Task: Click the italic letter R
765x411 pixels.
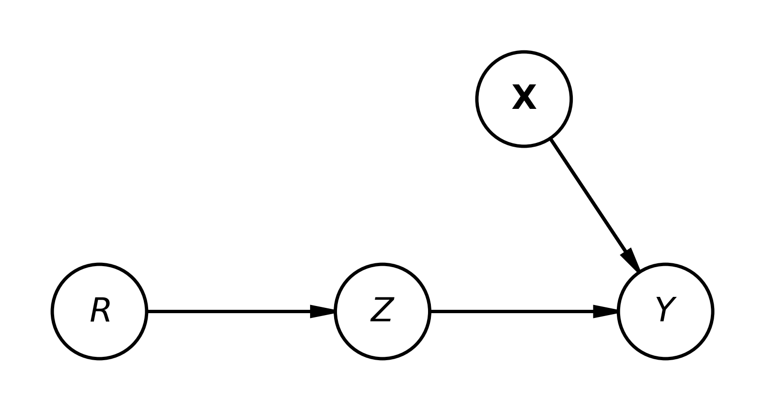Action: click(100, 310)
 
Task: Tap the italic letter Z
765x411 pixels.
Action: click(382, 310)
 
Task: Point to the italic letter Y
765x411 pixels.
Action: click(665, 309)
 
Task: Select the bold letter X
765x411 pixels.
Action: click(524, 97)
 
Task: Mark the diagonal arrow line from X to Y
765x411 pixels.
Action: click(595, 205)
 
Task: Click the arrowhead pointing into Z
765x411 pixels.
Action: click(323, 311)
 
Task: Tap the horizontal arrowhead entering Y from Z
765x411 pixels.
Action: click(605, 311)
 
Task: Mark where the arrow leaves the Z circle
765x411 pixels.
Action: click(430, 311)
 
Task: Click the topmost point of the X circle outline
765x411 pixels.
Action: click(524, 51)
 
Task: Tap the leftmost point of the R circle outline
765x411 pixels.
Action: click(52, 311)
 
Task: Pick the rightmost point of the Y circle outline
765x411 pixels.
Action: click(713, 311)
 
